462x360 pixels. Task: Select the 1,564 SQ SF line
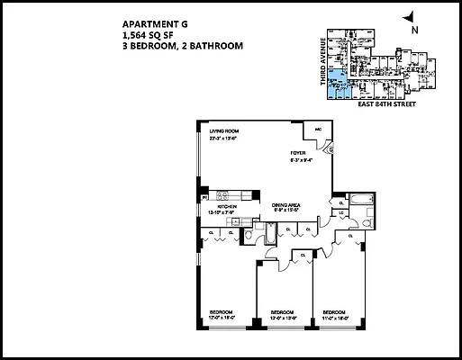coord(144,37)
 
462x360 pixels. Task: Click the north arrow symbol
coord(411,17)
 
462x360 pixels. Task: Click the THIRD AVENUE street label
coord(321,67)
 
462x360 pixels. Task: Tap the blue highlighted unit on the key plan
coord(338,87)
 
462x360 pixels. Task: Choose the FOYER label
coord(298,153)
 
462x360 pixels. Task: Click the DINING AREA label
coord(286,206)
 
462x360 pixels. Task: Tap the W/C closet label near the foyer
coord(319,130)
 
